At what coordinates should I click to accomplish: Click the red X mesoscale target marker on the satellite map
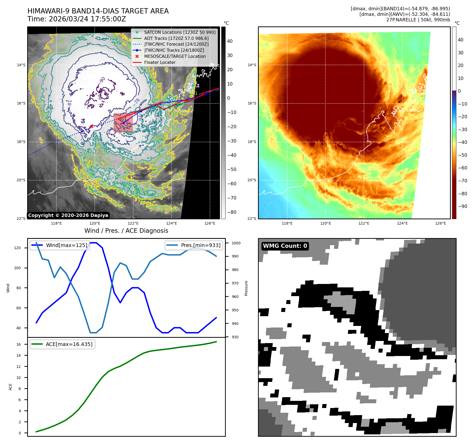pos(92,126)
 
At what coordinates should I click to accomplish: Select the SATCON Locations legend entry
pos(180,32)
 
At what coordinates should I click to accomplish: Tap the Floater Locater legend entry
pos(160,62)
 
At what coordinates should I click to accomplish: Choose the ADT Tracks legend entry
pos(176,38)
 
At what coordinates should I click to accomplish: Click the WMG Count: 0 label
pos(285,246)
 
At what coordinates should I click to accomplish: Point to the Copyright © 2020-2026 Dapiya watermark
pos(68,215)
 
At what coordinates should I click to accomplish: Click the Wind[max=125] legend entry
pos(66,245)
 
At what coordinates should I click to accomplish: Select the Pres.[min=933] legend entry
pos(201,245)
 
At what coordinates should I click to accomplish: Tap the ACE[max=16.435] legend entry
pos(69,344)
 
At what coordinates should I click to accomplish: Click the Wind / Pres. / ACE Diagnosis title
pos(126,231)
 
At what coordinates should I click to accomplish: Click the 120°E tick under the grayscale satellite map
pos(95,223)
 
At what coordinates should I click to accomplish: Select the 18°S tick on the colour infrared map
pos(252,142)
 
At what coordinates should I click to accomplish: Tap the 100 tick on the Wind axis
pos(17,268)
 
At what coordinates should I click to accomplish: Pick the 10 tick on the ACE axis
pos(18,378)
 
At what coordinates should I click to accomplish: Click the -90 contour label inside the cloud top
pos(102,79)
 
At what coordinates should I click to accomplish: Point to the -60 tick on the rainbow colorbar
pos(462,168)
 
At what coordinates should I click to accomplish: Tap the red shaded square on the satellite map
pos(123,123)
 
